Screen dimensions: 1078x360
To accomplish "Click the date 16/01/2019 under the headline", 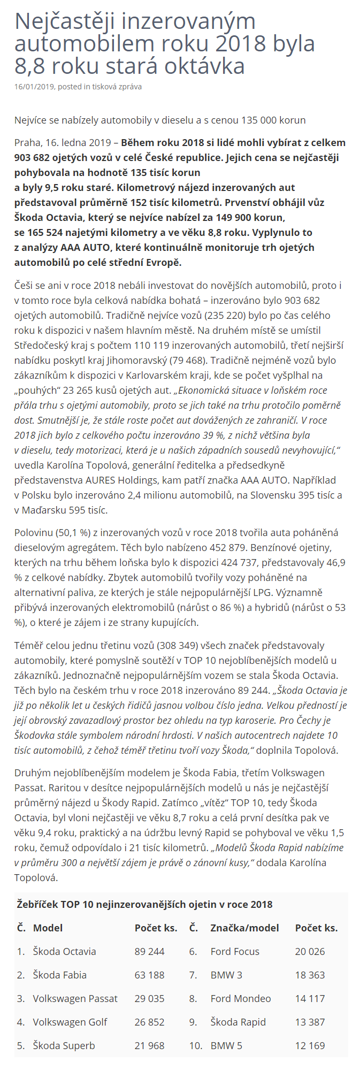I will pyautogui.click(x=34, y=87).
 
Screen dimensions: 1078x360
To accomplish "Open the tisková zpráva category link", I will pyautogui.click(x=117, y=87).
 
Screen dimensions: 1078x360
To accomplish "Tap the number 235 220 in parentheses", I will pyautogui.click(x=228, y=316).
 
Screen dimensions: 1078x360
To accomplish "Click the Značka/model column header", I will pyautogui.click(x=244, y=928).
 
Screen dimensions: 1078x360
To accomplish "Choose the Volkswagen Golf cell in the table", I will pyautogui.click(x=70, y=1022).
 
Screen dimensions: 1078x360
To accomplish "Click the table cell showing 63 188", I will pyautogui.click(x=149, y=975).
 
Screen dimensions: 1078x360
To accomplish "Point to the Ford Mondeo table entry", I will pyautogui.click(x=240, y=998).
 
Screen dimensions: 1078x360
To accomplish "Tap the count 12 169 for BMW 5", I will pyautogui.click(x=310, y=1045).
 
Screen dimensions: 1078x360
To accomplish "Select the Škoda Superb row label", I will pyautogui.click(x=64, y=1045).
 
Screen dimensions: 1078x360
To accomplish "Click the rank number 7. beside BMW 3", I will pyautogui.click(x=193, y=975).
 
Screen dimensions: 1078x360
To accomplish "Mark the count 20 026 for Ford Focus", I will pyautogui.click(x=310, y=951).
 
